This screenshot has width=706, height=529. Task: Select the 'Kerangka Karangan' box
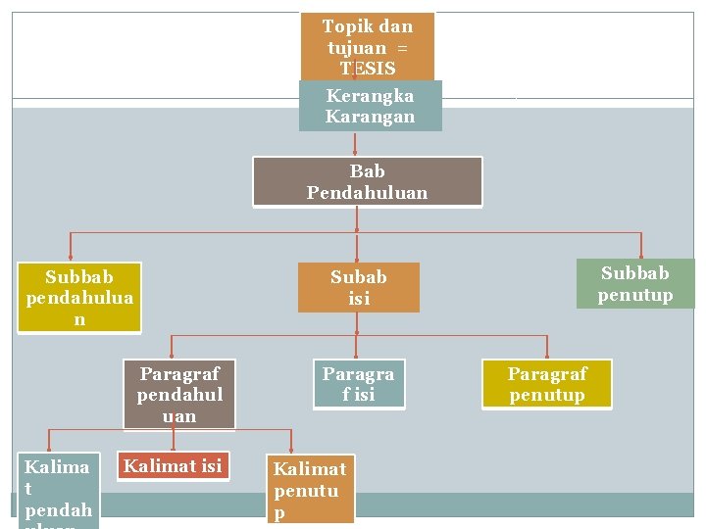pyautogui.click(x=370, y=106)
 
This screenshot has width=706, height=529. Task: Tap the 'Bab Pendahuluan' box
pyautogui.click(x=367, y=182)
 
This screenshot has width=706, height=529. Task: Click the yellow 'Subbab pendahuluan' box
pyautogui.click(x=79, y=298)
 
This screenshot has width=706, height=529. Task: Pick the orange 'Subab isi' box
pyautogui.click(x=358, y=288)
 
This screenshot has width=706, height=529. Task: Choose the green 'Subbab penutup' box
pyautogui.click(x=635, y=284)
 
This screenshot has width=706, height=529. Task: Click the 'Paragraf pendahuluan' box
pyautogui.click(x=179, y=395)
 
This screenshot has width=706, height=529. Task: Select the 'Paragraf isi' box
pyautogui.click(x=358, y=384)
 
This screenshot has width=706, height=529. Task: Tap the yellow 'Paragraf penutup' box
pyautogui.click(x=546, y=384)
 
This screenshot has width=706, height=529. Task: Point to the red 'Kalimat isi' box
pyautogui.click(x=173, y=466)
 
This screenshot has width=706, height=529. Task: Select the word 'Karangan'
pyautogui.click(x=370, y=117)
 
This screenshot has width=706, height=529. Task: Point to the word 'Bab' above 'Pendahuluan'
pyautogui.click(x=367, y=171)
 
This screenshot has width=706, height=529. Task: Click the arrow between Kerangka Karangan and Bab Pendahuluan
pyautogui.click(x=355, y=144)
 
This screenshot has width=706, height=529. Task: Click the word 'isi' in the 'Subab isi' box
pyautogui.click(x=359, y=299)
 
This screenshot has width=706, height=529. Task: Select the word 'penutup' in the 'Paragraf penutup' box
pyautogui.click(x=546, y=395)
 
